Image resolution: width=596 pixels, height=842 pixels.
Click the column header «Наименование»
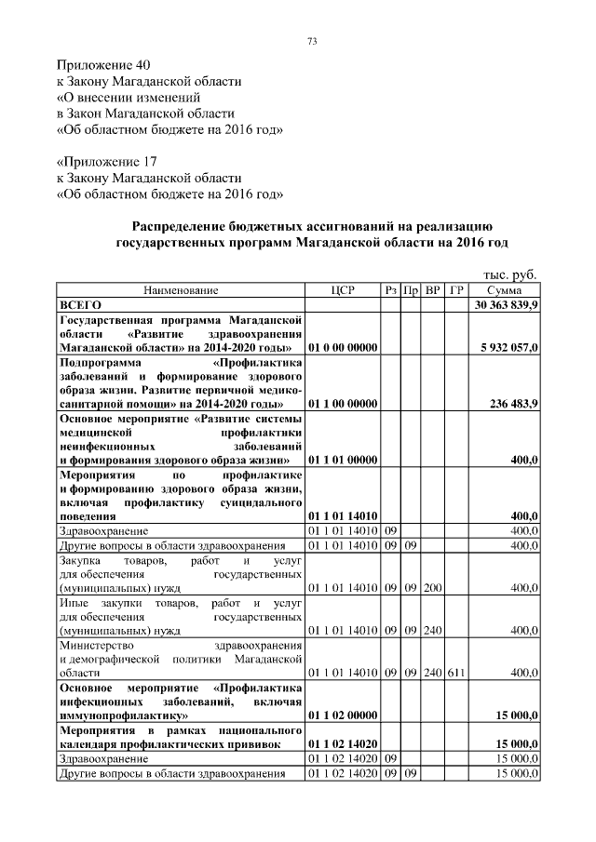tap(181, 290)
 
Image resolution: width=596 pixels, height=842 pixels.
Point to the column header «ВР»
tap(432, 290)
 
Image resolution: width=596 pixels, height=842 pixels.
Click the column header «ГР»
tap(455, 290)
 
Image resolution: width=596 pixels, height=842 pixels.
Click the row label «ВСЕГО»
tap(80, 304)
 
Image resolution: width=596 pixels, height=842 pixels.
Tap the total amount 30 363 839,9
tap(507, 304)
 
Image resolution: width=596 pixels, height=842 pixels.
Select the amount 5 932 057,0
tap(509, 347)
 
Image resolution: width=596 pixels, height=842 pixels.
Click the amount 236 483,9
tap(514, 404)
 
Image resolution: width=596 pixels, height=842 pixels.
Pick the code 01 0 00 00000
tap(342, 347)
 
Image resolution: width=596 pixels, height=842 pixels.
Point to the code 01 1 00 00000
tap(342, 404)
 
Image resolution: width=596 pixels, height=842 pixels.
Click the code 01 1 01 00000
tap(342, 460)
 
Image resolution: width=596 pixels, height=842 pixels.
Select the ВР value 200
tap(432, 587)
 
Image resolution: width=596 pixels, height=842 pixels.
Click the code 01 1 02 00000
tap(342, 716)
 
